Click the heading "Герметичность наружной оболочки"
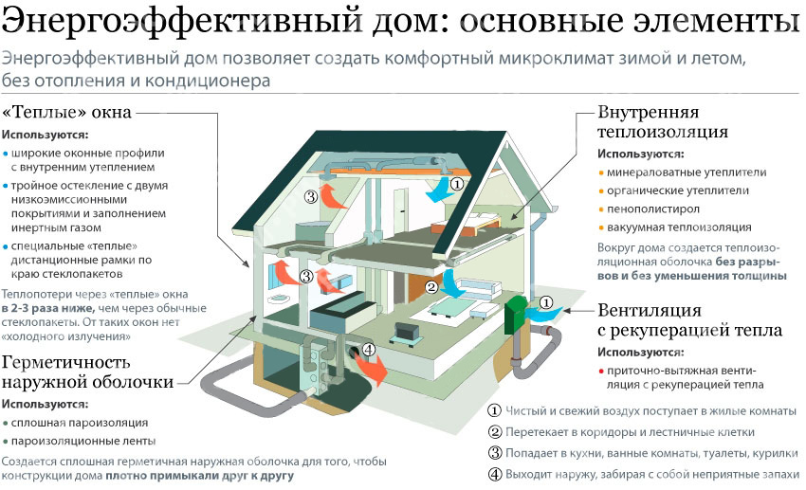pos(87,372)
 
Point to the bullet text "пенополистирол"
pos(654,209)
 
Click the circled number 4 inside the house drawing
pos(369,349)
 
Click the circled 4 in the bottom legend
pos(494,473)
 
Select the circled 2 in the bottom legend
pos(494,431)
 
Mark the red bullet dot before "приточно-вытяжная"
pos(601,372)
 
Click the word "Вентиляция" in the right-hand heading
pos(650,310)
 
